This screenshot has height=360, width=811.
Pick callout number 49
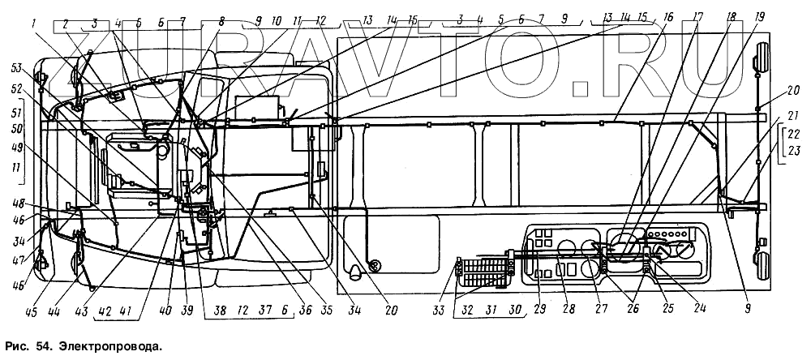(16, 146)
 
